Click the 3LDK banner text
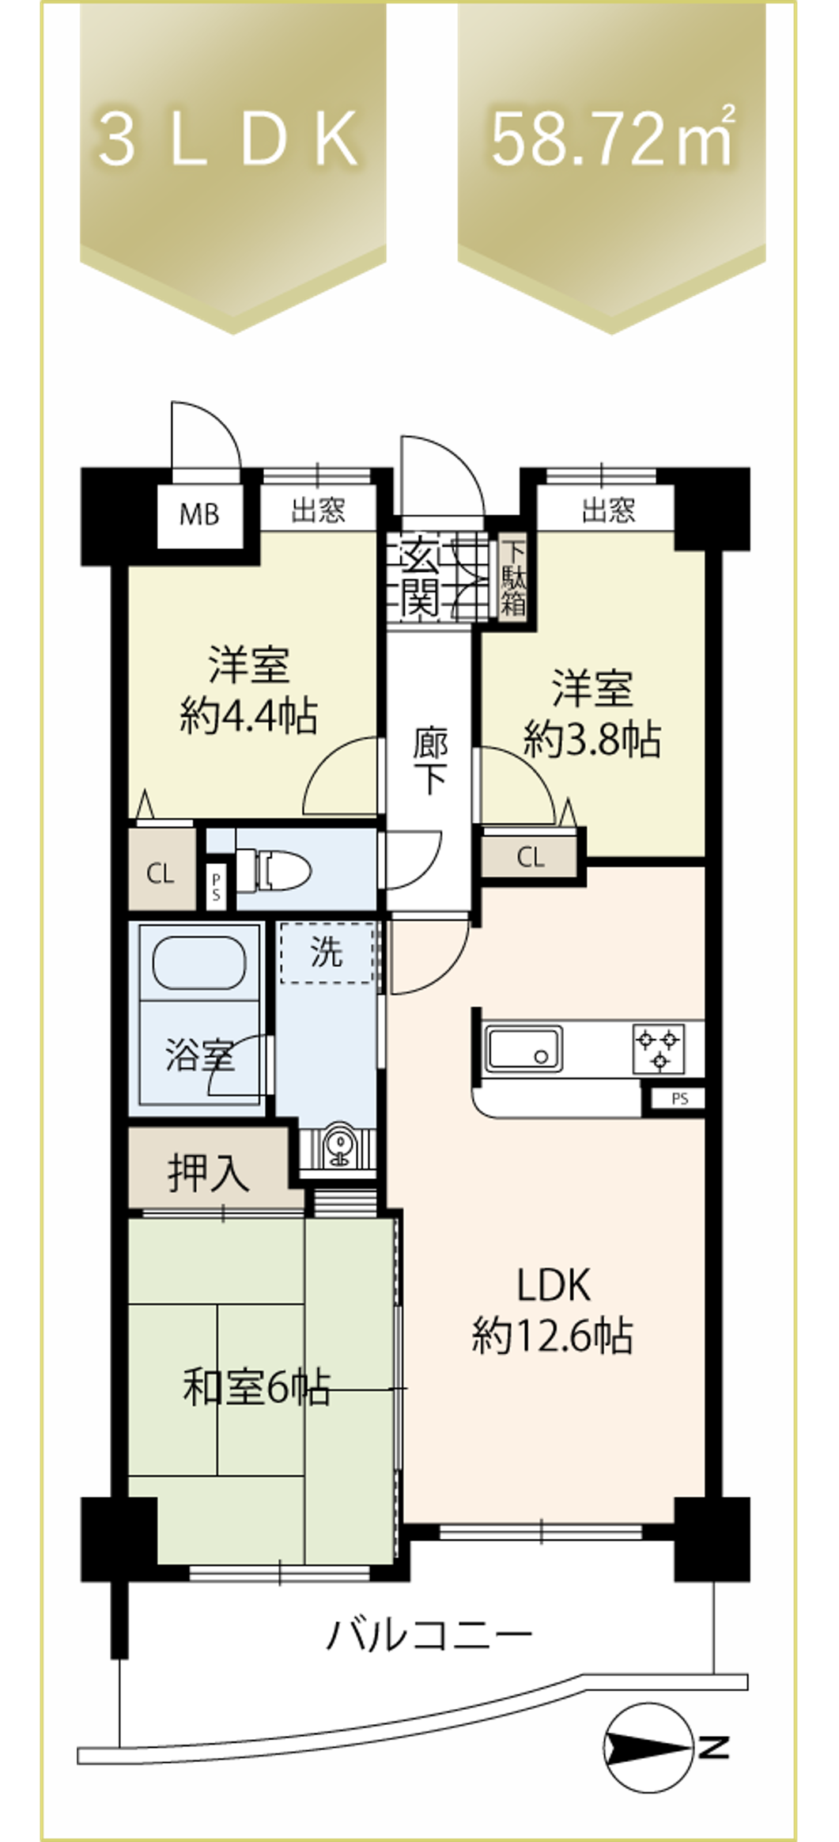[x=229, y=140]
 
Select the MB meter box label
[x=199, y=515]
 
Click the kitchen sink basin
[x=523, y=1048]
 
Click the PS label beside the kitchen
[x=679, y=1098]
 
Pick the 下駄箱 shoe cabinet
[x=514, y=578]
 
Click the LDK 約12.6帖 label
[x=553, y=1309]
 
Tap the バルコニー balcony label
[x=429, y=1633]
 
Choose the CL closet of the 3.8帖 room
[x=531, y=856]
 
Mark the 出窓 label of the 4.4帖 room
[x=318, y=510]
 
